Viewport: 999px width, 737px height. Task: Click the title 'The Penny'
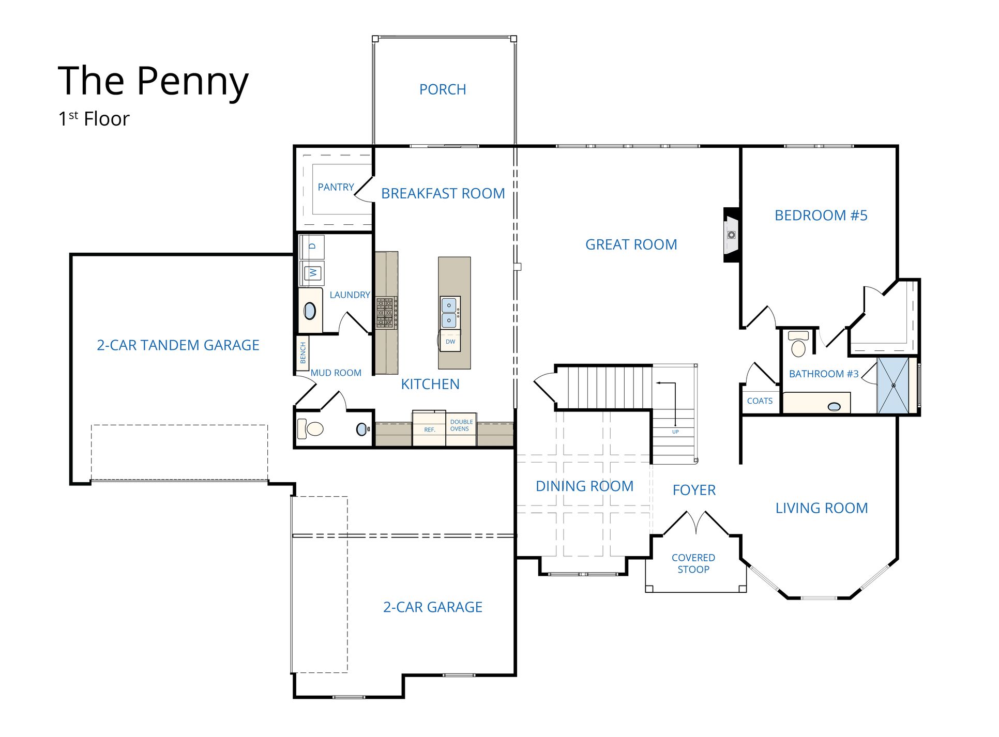[x=153, y=82]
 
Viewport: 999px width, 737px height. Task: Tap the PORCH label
[x=443, y=89]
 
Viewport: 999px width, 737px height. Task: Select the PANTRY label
[x=336, y=187]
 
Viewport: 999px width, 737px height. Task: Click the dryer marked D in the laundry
[x=312, y=247]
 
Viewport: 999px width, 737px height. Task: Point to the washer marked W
[x=312, y=272]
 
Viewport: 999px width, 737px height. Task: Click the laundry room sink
[x=310, y=311]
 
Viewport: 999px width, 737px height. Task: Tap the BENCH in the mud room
[x=303, y=352]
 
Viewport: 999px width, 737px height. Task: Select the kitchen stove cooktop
[x=386, y=313]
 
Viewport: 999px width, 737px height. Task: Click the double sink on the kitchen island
[x=449, y=312]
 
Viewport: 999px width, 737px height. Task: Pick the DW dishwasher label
[x=450, y=342]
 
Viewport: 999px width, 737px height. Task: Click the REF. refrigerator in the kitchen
[x=429, y=428]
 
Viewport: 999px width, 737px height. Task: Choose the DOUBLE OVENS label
[x=461, y=425]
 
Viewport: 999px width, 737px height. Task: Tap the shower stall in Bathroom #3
[x=893, y=385]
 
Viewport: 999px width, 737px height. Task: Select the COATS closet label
[x=760, y=401]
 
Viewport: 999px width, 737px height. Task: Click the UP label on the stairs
[x=675, y=432]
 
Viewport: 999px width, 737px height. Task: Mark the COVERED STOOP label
[x=693, y=564]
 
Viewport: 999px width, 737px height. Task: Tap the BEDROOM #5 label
[x=821, y=216]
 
